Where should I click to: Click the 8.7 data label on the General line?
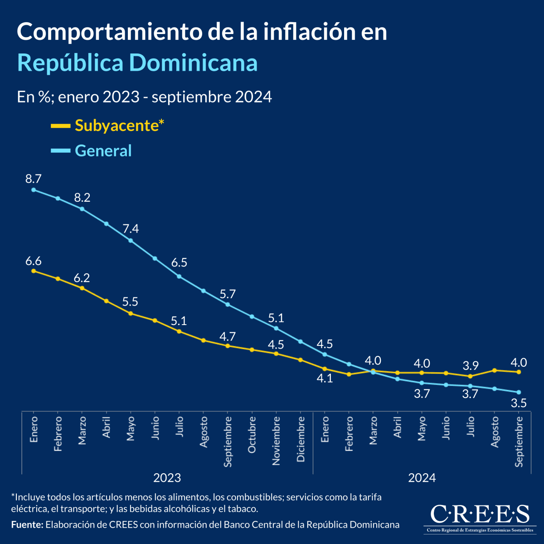pyautogui.click(x=33, y=179)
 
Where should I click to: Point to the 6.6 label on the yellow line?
pyautogui.click(x=33, y=261)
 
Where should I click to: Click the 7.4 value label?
pyautogui.click(x=131, y=228)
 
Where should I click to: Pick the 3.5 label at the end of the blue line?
pyautogui.click(x=519, y=403)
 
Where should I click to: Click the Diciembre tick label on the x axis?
pyautogui.click(x=301, y=439)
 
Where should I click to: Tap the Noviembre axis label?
pyautogui.click(x=276, y=441)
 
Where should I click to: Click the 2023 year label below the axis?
pyautogui.click(x=167, y=477)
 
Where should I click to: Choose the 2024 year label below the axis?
pyautogui.click(x=422, y=477)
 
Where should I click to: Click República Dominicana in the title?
pyautogui.click(x=137, y=63)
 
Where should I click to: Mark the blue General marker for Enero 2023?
pyautogui.click(x=33, y=190)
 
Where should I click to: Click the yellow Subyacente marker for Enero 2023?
pyautogui.click(x=33, y=271)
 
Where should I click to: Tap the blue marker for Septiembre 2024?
pyautogui.click(x=519, y=392)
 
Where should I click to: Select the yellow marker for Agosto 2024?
pyautogui.click(x=495, y=370)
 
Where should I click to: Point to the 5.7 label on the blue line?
pyautogui.click(x=228, y=293)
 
